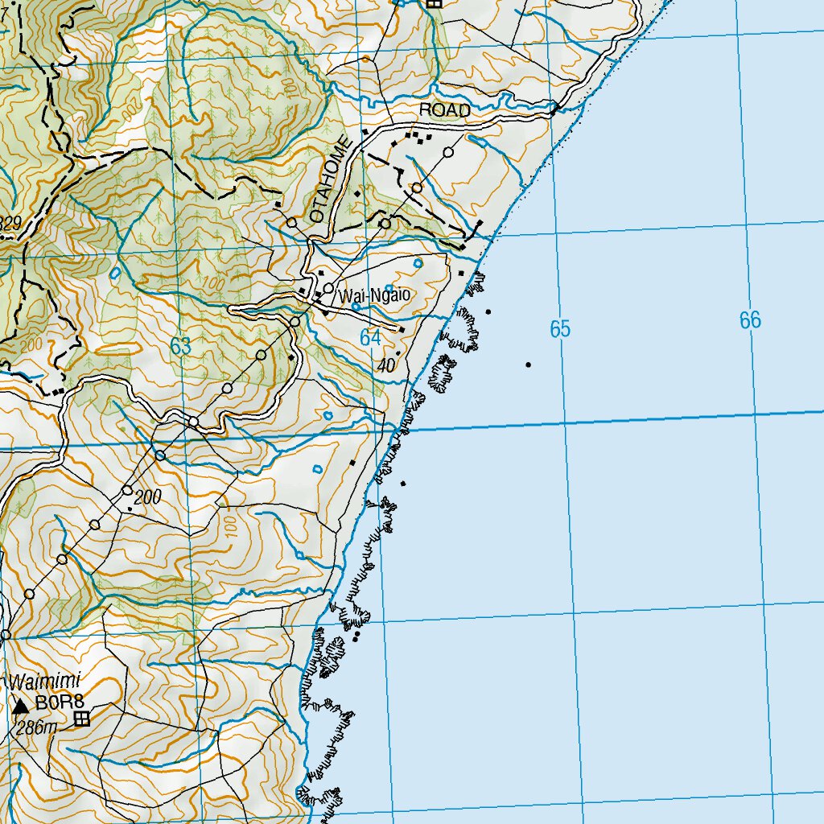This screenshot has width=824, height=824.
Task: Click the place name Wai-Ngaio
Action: point(375,296)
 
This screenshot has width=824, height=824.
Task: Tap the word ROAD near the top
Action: point(444,111)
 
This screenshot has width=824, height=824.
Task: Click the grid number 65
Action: point(560,328)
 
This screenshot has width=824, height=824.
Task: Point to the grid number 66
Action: point(750,320)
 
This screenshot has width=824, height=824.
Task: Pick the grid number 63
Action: point(181,347)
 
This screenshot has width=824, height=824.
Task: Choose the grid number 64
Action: point(370,338)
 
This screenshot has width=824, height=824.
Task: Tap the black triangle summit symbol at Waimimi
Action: point(21,707)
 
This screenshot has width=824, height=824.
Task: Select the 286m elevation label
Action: point(38,728)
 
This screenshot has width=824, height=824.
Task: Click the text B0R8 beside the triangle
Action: point(54,702)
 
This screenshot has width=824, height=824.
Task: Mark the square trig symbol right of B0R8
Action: point(81,719)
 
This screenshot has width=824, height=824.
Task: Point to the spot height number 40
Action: point(386,365)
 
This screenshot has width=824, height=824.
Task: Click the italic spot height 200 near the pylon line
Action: point(148,498)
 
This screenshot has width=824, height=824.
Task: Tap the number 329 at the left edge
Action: point(10,224)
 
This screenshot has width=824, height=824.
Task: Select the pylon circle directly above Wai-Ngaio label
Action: point(328,287)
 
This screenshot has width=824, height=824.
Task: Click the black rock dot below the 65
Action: point(528,365)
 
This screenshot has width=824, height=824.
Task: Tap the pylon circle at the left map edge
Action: point(6,634)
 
